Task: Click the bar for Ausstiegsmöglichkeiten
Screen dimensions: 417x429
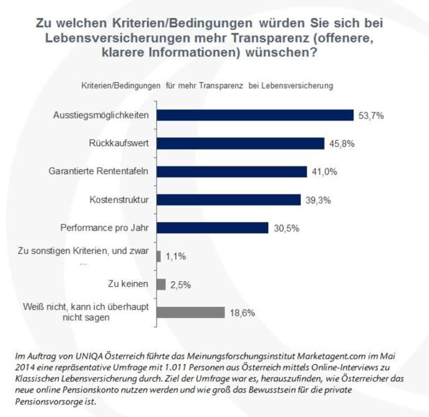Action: tap(255, 115)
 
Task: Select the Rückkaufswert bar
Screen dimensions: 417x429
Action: tap(240, 143)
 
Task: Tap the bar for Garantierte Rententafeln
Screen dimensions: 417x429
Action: tap(231, 171)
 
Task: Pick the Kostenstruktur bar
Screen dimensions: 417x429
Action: tap(228, 200)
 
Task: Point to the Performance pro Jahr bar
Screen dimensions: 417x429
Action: tap(212, 228)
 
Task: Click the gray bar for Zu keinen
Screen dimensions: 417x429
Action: tap(161, 284)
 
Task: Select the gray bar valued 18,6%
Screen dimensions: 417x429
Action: tap(190, 313)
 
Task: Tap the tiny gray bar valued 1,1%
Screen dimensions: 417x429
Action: tap(159, 256)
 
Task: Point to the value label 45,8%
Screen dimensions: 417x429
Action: tap(343, 143)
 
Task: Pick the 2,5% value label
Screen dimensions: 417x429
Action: tap(181, 284)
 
